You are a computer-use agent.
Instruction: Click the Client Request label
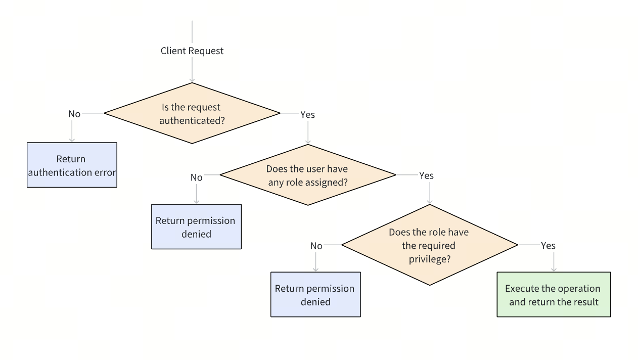click(192, 51)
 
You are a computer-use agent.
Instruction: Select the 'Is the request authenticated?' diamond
click(192, 114)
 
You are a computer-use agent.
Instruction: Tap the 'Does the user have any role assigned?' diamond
click(307, 175)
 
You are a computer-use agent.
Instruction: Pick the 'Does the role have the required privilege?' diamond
click(429, 245)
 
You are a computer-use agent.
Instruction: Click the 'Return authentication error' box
click(72, 165)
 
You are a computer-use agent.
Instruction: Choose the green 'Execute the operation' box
click(553, 295)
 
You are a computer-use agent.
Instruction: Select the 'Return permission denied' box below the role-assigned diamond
click(196, 227)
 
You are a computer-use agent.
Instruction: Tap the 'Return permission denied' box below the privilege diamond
click(315, 295)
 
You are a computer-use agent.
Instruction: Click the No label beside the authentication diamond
click(74, 114)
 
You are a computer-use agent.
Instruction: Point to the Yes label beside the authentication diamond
click(307, 115)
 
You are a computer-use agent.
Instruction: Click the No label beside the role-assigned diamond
click(196, 177)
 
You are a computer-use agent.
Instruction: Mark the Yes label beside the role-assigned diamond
click(426, 176)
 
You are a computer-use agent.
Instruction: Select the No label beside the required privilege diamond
click(316, 246)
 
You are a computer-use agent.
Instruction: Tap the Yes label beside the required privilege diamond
click(548, 246)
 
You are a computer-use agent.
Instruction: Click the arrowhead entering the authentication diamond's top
click(192, 79)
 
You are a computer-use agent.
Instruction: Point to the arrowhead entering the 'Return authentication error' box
click(72, 139)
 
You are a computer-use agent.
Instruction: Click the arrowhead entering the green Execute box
click(554, 269)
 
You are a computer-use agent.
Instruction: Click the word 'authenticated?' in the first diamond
click(192, 120)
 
